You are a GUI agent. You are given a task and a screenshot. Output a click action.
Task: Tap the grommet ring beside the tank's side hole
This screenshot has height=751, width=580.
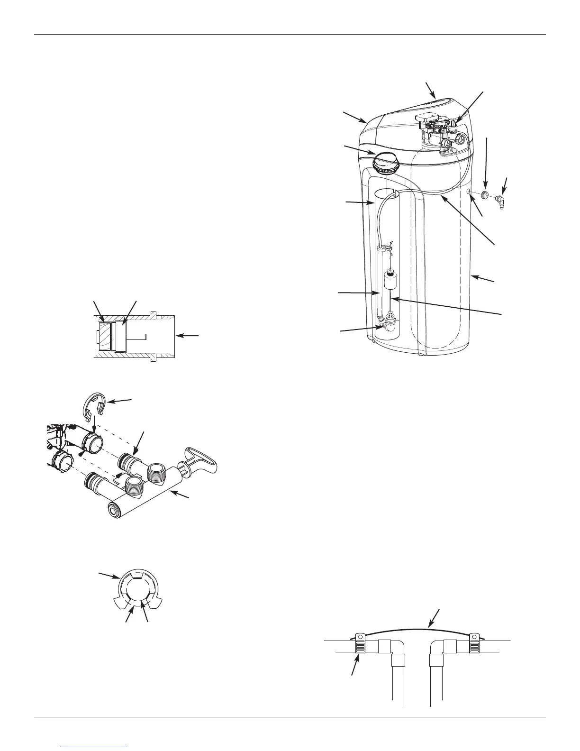pos(485,194)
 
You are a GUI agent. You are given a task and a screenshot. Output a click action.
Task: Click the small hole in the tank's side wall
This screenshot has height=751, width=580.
pos(469,192)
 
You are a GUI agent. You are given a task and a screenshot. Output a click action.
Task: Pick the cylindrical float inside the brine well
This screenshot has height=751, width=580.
pos(390,283)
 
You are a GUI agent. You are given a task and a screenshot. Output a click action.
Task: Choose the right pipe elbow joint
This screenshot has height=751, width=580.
pos(442,648)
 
